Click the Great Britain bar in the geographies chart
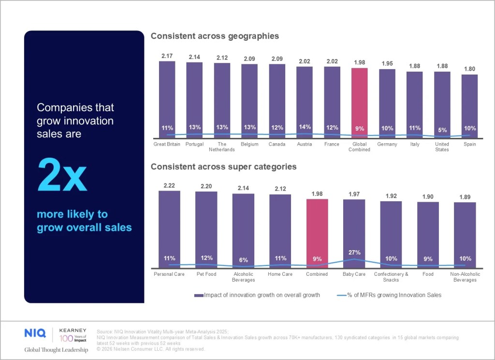tap(167, 97)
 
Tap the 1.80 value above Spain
tap(469, 69)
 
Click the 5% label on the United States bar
tap(442, 130)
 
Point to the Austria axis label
tap(304, 144)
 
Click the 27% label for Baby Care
tap(354, 252)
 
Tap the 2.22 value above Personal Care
tap(169, 186)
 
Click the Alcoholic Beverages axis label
tap(243, 277)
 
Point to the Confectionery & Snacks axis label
tap(391, 277)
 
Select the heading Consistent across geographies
tap(215, 36)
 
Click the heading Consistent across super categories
tap(223, 167)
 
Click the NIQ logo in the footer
tap(35, 333)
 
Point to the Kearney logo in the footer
tap(73, 333)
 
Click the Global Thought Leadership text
tap(56, 350)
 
